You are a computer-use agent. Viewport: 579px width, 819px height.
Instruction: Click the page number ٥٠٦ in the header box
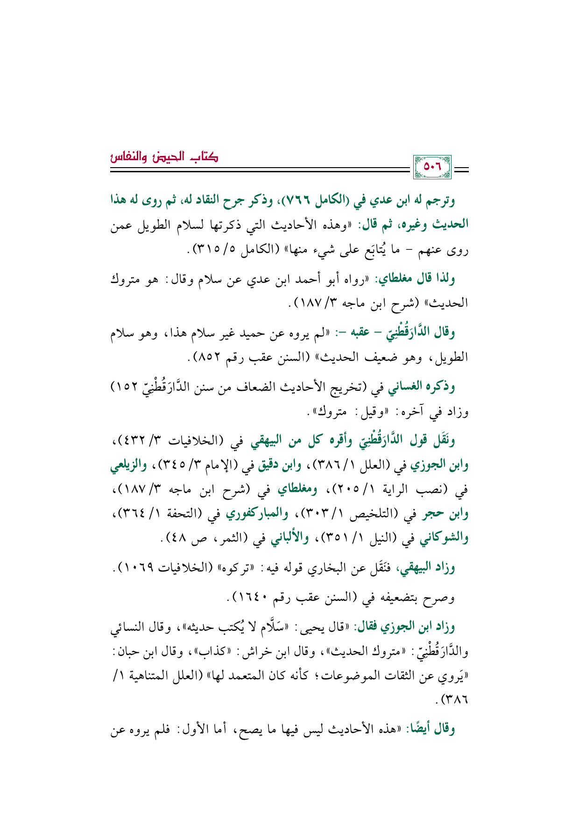coord(432,167)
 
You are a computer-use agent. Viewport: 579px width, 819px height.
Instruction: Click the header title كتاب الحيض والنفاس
coord(164,156)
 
